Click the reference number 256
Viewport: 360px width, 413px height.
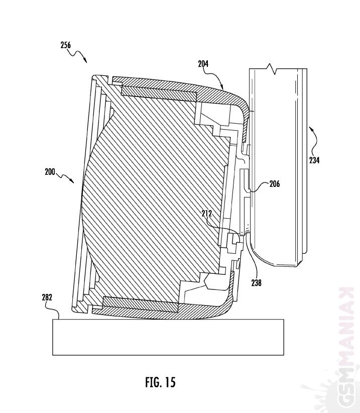(66, 45)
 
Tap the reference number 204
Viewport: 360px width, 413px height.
(203, 64)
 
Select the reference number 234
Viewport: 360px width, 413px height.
(314, 160)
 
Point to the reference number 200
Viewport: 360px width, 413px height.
(50, 172)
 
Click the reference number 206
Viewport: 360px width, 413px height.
(275, 183)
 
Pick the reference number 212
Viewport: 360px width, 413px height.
(206, 214)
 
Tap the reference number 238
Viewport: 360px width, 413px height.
(256, 283)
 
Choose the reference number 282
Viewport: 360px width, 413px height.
(47, 297)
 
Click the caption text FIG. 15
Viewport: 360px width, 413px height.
(160, 382)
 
